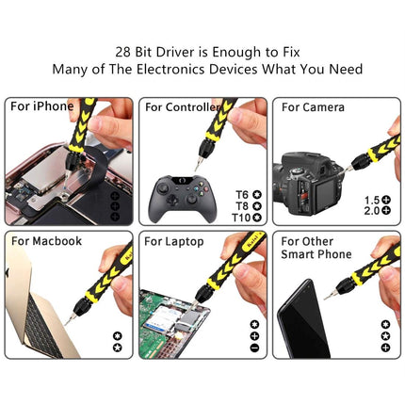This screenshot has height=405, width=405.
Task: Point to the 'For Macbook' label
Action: point(46,241)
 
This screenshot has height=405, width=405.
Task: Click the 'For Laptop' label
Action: point(174,241)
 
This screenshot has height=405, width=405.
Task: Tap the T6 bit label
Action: point(243,194)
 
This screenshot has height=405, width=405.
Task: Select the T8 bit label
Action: point(243,205)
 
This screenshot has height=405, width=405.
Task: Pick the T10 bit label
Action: point(240,217)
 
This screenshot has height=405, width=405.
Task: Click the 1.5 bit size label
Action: point(371,201)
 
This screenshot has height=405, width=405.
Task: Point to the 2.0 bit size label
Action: point(371,212)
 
